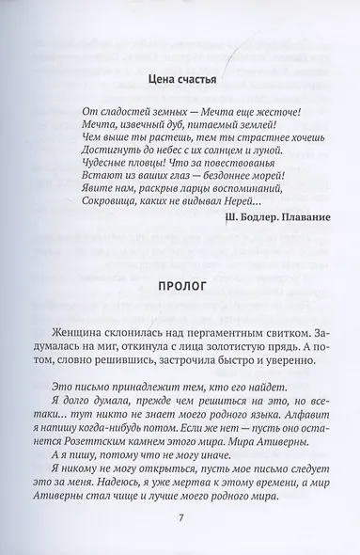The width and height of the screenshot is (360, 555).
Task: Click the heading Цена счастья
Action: pos(176,80)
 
